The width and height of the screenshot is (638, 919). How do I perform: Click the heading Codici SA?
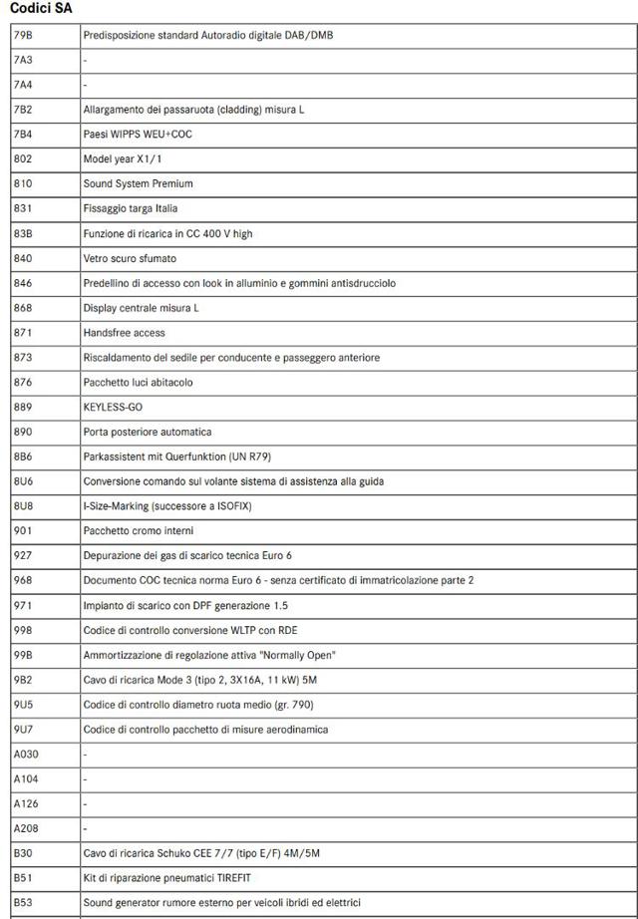41,8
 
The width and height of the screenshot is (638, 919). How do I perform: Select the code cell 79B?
23,35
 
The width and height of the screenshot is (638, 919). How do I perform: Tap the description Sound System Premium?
139,183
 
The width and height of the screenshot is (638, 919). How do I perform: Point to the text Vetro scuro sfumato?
130,258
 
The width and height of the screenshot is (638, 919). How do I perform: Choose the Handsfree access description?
125,332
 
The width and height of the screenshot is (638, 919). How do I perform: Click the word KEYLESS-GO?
113,407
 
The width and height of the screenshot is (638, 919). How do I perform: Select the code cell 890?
22,432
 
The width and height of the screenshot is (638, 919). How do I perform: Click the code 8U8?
23,505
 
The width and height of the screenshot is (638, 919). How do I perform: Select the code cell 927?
22,555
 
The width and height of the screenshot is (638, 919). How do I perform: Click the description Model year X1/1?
123,158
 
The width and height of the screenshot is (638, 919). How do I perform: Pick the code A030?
26,754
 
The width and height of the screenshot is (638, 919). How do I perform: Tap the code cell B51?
23,878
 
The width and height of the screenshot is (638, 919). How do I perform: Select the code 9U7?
23,729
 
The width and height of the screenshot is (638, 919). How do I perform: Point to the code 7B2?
23,110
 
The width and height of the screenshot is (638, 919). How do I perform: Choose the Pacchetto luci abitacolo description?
139,382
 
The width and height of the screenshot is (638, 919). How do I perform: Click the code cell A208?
26,828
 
